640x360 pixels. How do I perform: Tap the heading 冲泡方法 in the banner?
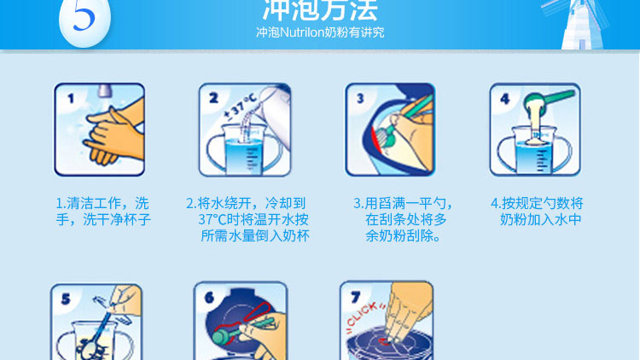(x=320, y=9)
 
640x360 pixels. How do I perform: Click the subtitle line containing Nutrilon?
(x=320, y=32)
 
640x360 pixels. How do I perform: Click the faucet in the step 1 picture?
(x=105, y=90)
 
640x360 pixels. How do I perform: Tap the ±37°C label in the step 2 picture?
(x=241, y=107)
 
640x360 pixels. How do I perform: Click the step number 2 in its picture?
(x=213, y=98)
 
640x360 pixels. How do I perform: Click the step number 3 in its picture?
(x=360, y=98)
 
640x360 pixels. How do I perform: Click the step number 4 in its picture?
(x=505, y=99)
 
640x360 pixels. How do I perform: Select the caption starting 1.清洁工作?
(x=103, y=212)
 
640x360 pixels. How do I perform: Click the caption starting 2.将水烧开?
(x=247, y=219)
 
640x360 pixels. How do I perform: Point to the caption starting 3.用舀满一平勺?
(x=403, y=219)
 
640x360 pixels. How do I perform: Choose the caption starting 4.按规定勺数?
(x=537, y=212)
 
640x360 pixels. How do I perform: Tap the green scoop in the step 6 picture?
(x=236, y=332)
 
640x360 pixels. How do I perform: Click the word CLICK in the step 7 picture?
(x=366, y=313)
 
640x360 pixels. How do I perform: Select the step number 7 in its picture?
(x=356, y=298)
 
